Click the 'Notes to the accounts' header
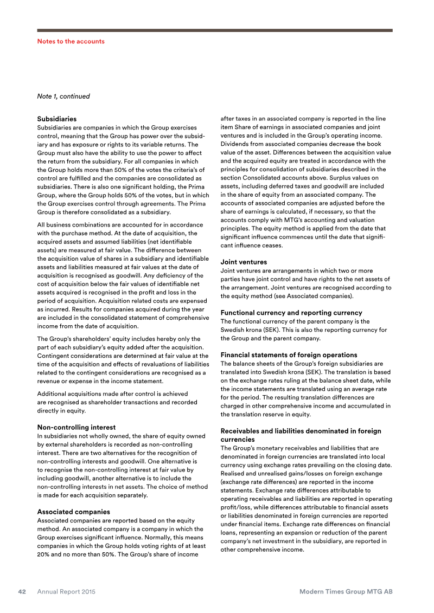(71, 41)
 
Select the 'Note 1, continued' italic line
(63, 96)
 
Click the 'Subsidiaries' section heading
(56, 119)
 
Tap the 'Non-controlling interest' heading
(76, 428)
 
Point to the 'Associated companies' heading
(73, 512)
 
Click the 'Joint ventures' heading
(244, 262)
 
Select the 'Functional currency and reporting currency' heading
(291, 313)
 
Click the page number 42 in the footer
(22, 592)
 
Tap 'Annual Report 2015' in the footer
(66, 592)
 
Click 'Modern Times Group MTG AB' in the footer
(346, 592)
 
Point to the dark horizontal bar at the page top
(214, 30)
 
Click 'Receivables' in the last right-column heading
(242, 431)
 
